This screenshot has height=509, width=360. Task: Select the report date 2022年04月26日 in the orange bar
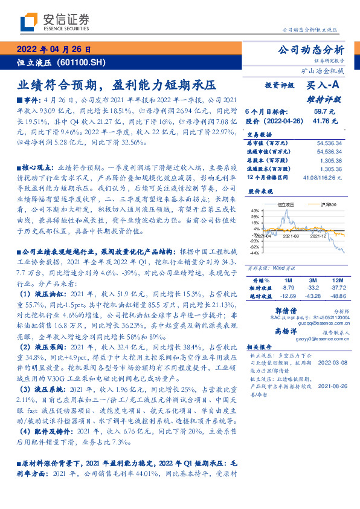pyautogui.click(x=54, y=50)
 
